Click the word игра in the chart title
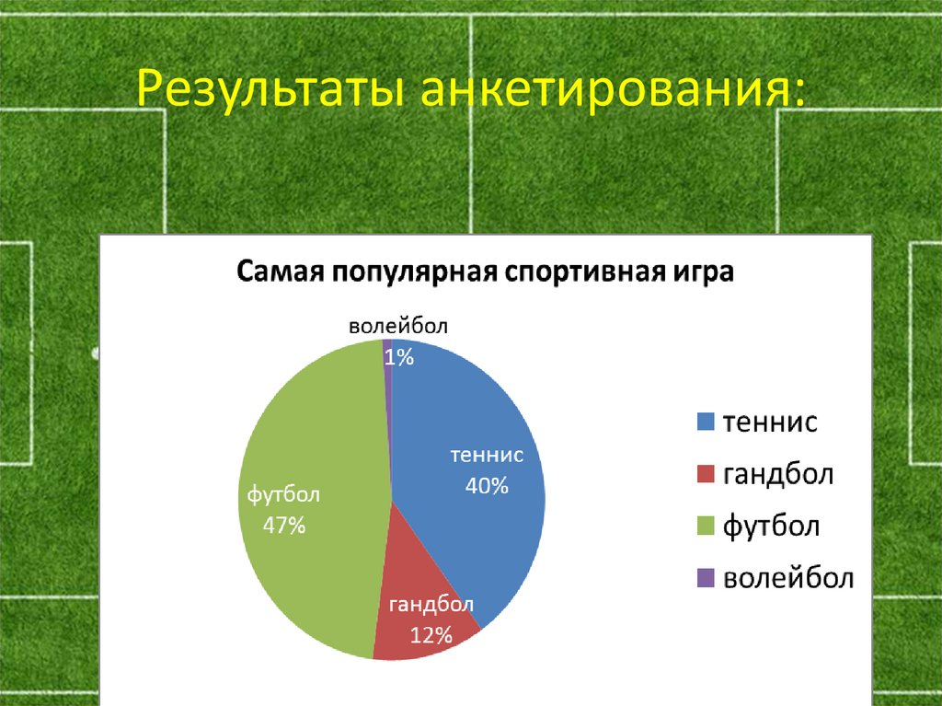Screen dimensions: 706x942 [695, 273]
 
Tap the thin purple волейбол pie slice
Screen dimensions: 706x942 [388, 387]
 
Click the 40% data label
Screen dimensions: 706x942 [487, 487]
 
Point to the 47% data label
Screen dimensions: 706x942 [283, 527]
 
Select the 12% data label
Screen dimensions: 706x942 [431, 634]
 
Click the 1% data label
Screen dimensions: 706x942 [398, 358]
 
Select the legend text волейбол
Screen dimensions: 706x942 [788, 579]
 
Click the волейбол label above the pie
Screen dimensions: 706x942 [400, 328]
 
